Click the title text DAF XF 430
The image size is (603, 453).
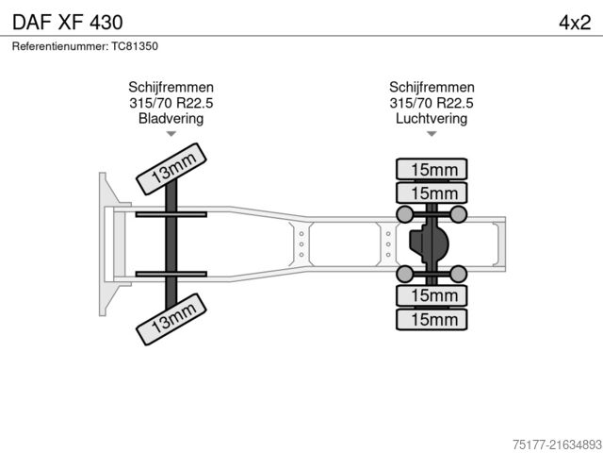click(66, 21)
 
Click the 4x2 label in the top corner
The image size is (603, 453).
click(574, 21)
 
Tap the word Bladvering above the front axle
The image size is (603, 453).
click(171, 119)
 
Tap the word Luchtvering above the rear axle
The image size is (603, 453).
click(432, 119)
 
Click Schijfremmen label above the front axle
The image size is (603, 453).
click(171, 87)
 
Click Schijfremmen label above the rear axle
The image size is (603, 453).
click(432, 87)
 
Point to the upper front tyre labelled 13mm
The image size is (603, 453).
click(171, 169)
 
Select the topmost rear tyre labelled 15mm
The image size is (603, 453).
click(432, 170)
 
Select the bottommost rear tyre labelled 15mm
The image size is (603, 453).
click(432, 320)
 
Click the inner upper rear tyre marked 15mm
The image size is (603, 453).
click(432, 193)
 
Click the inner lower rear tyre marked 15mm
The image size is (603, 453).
click(432, 296)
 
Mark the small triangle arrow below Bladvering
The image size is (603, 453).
click(171, 135)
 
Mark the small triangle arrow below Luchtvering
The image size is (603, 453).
click(432, 135)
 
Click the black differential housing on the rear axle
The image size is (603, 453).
click(429, 244)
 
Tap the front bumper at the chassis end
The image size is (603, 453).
click(101, 244)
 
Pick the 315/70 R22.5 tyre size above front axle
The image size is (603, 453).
click(171, 103)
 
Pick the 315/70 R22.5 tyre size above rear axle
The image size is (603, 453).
click(432, 103)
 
